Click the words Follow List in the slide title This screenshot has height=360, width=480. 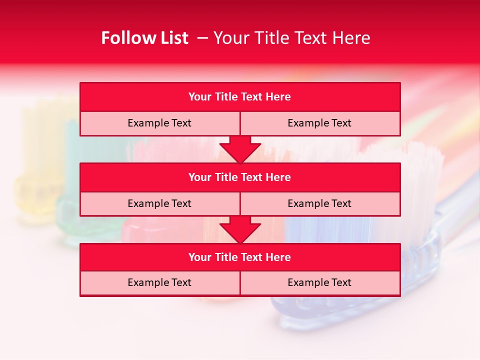pyautogui.click(x=144, y=38)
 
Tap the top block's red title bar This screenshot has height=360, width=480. pyautogui.click(x=240, y=97)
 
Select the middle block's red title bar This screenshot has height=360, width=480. pyautogui.click(x=240, y=177)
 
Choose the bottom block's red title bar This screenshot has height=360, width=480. pyautogui.click(x=240, y=257)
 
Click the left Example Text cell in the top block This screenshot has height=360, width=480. pyautogui.click(x=159, y=123)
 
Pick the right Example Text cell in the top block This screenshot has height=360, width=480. pyautogui.click(x=319, y=123)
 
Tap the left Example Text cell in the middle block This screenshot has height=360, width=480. pyautogui.click(x=159, y=203)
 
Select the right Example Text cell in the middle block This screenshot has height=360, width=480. pyautogui.click(x=319, y=203)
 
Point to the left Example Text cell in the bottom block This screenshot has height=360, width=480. pyautogui.click(x=159, y=282)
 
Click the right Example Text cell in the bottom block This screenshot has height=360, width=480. pyautogui.click(x=319, y=282)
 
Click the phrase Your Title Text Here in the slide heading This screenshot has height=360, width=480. pyautogui.click(x=291, y=38)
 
